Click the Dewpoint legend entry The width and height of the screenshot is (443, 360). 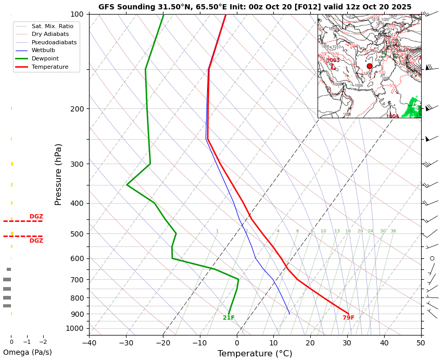[45, 59]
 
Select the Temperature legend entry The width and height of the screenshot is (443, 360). [49, 67]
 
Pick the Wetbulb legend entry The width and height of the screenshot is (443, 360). [43, 51]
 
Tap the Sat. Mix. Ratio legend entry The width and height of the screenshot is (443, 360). [52, 26]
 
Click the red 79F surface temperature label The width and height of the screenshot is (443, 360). [348, 318]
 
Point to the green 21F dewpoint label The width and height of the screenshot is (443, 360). [229, 318]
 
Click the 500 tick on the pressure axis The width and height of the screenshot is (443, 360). [77, 234]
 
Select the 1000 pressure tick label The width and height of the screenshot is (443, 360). [75, 328]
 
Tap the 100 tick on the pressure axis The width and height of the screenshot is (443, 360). [77, 14]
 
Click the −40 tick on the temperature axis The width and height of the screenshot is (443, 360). [89, 342]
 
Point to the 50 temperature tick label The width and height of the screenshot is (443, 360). [421, 342]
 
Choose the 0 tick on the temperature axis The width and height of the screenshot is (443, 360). [237, 342]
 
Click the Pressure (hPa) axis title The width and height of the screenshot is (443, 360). [58, 174]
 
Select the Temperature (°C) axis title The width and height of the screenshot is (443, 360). [255, 354]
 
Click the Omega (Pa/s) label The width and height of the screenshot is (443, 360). [27, 352]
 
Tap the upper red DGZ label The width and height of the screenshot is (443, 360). [36, 217]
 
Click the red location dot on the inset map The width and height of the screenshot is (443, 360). [370, 66]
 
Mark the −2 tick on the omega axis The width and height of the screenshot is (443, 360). [43, 342]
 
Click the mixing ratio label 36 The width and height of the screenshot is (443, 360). [393, 231]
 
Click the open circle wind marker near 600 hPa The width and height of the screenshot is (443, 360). [432, 258]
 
